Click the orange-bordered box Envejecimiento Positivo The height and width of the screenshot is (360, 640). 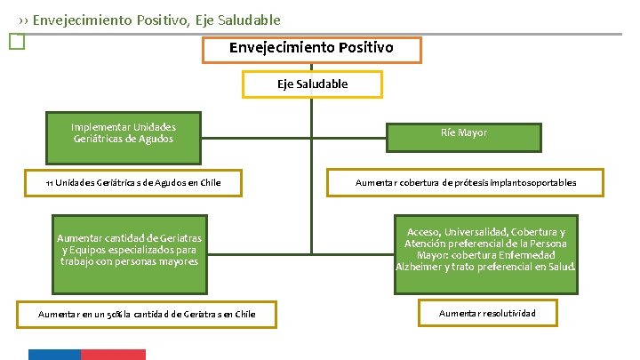click(311, 49)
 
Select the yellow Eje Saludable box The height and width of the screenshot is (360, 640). click(312, 84)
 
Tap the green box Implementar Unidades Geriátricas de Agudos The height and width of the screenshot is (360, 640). click(124, 132)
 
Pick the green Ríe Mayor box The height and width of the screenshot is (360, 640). click(463, 133)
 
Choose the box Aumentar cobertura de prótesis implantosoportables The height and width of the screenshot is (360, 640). click(465, 183)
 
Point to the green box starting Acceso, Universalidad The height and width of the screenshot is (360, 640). click(485, 250)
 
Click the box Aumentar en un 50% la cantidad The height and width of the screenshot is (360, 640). click(147, 314)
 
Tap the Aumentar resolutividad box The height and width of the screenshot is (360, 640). click(487, 313)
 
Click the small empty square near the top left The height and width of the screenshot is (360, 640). click(13, 41)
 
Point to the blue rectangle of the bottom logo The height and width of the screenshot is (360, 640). click(54, 354)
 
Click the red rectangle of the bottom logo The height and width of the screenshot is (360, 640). click(113, 354)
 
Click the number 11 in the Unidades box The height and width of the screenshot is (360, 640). click(50, 183)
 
